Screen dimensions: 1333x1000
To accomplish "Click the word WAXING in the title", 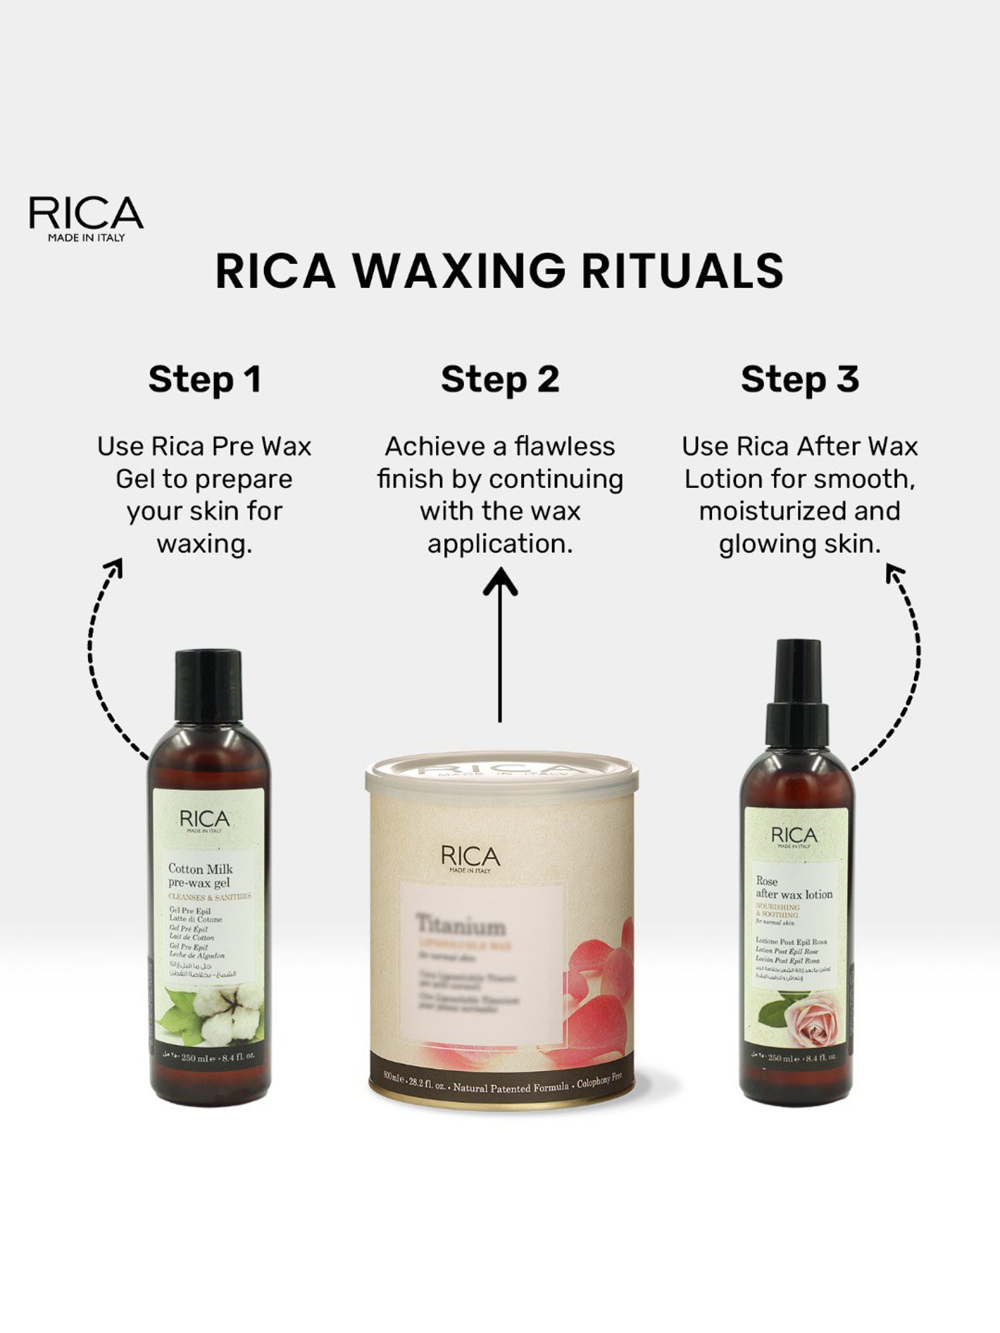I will tap(459, 271).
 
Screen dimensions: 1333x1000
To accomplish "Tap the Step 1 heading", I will tap(205, 379).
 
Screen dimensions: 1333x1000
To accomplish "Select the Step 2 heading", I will tap(500, 379).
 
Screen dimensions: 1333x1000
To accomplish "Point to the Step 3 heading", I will tap(799, 379).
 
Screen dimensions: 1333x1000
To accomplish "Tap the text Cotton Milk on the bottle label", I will tap(201, 868).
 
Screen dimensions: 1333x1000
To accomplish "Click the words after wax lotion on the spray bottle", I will tap(794, 894).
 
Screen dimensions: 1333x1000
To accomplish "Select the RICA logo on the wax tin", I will tap(470, 858).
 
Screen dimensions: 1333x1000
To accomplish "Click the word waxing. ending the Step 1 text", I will tap(205, 544).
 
